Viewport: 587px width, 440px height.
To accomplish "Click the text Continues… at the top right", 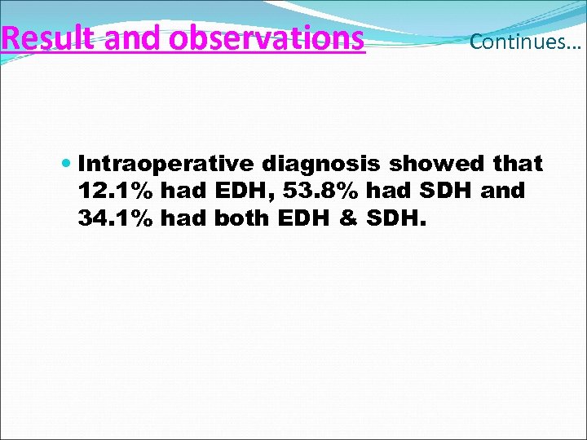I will point(525,42).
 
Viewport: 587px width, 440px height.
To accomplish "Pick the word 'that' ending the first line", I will point(519,164).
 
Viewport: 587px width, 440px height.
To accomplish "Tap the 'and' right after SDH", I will point(503,192).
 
